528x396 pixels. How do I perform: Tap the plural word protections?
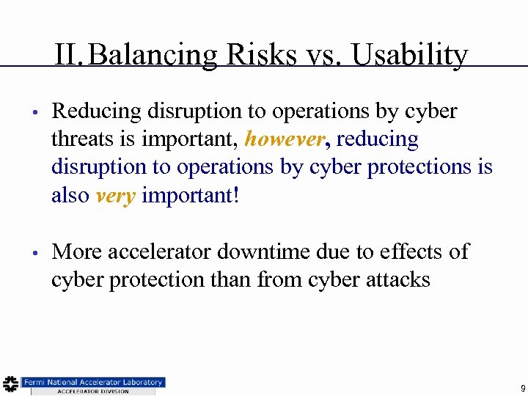[x=424, y=167]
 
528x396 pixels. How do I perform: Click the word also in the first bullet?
[x=71, y=196]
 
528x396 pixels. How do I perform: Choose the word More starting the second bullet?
[x=77, y=252]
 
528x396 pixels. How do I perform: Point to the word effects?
[x=409, y=252]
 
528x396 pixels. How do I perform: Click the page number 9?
[x=522, y=388]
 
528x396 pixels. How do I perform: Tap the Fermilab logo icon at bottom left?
[x=10, y=384]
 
